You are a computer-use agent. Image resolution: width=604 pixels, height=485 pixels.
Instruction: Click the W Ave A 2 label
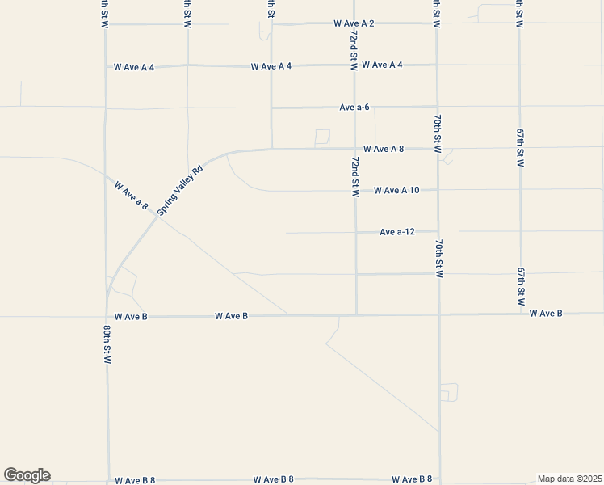tap(354, 24)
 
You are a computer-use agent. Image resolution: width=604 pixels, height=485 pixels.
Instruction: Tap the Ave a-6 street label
tap(354, 107)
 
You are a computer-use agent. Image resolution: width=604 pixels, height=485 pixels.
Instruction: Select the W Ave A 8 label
tap(384, 149)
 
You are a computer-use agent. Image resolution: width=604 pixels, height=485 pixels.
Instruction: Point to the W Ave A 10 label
tap(396, 191)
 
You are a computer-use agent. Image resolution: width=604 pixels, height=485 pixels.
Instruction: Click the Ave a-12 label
tap(397, 232)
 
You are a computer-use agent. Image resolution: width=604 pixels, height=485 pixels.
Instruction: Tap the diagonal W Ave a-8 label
tap(132, 196)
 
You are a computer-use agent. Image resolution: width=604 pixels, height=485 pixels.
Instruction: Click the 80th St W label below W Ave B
tap(107, 346)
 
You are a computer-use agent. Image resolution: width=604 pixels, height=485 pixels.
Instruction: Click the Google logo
tap(27, 475)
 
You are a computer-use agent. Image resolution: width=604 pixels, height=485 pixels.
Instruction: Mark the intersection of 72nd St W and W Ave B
tap(356, 314)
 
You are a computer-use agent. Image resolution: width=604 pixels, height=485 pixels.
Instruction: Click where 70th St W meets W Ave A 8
tap(437, 148)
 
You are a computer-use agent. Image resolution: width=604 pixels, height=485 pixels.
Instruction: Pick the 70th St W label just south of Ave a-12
tap(438, 259)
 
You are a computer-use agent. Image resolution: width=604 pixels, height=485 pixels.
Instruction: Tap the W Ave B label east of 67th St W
tap(546, 314)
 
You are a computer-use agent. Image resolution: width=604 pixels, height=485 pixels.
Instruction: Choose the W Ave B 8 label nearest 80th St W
tap(135, 481)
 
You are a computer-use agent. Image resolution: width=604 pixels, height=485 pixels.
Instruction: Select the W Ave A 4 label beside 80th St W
tap(134, 67)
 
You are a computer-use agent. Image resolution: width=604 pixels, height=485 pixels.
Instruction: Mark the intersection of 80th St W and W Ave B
tap(107, 316)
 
